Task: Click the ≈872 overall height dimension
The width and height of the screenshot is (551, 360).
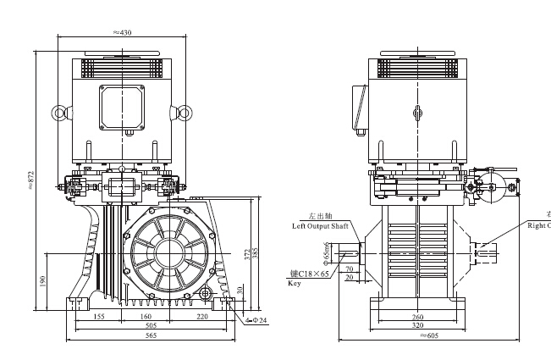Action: coord(31,180)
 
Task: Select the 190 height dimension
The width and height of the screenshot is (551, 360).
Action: coord(42,280)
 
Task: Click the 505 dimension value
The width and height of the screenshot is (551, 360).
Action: coord(151,324)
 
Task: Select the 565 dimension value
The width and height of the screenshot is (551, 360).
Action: coord(151,336)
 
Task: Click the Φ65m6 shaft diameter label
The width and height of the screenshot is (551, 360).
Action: coord(326,252)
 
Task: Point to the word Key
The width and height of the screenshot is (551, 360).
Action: coord(295,285)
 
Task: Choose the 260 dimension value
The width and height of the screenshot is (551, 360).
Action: coord(417,318)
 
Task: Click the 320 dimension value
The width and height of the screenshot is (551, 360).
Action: coord(417,326)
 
